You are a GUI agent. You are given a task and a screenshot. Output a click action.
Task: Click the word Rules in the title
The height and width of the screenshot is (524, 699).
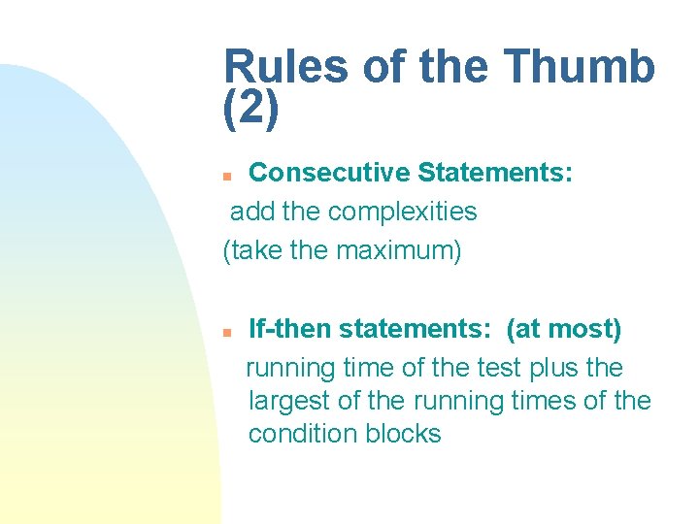(x=285, y=68)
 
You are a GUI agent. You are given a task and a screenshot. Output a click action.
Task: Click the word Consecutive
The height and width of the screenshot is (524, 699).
(x=330, y=173)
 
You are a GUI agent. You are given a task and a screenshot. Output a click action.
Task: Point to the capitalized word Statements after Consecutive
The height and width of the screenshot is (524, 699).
(x=495, y=173)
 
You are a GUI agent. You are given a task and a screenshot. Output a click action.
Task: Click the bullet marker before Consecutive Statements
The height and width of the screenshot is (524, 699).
(x=226, y=176)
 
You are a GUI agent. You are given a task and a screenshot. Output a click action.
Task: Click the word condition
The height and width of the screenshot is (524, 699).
(x=303, y=434)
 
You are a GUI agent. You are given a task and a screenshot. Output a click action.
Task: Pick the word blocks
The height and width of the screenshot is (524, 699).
(x=403, y=434)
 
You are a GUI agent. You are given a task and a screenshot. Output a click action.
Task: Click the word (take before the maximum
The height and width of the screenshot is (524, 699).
(x=253, y=250)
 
